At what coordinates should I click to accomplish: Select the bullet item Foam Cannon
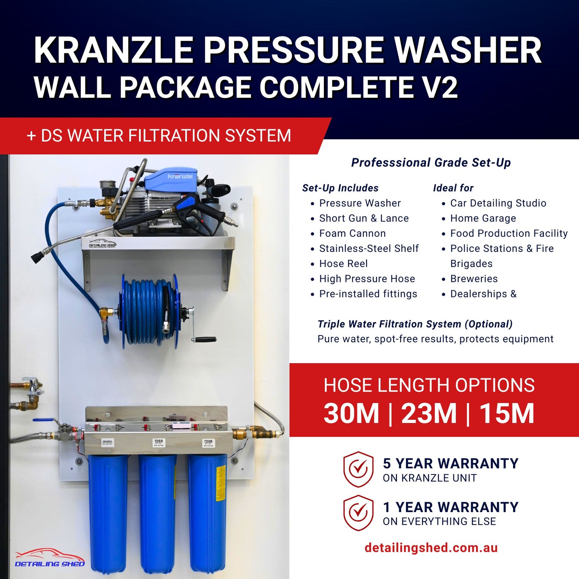coord(352,233)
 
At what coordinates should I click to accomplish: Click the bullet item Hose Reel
coord(343,263)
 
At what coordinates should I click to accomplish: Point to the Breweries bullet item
coord(474,279)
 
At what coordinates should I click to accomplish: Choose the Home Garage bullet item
coord(483,218)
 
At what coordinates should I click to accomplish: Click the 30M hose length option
coord(351,413)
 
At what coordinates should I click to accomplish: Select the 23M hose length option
coord(429,413)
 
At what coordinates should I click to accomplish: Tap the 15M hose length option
coord(507,413)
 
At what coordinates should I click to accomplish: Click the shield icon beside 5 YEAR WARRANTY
coord(358,469)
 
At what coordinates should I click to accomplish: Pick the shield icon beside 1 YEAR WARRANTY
coord(358,513)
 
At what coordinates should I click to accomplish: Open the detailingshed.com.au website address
coord(431,548)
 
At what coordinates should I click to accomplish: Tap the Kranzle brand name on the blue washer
coord(180,176)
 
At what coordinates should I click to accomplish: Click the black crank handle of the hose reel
coord(206,339)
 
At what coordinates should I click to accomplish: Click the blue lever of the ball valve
coord(43,420)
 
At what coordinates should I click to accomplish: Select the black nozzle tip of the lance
coord(37,257)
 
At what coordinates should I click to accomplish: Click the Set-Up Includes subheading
coord(340,188)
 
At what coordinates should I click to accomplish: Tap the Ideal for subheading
coord(453,188)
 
